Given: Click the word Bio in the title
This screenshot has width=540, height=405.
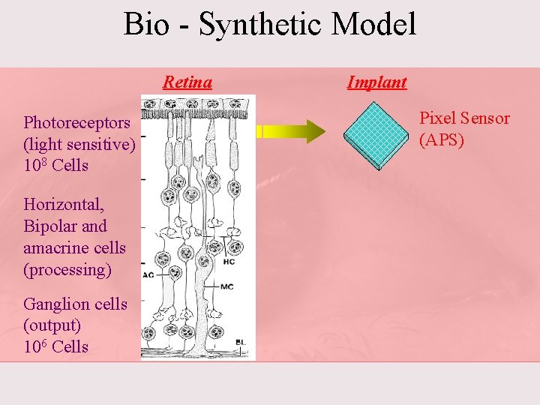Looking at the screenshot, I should [147, 24].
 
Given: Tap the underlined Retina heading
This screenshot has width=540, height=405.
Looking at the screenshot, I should [187, 82].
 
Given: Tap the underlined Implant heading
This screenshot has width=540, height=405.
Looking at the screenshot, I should [376, 82].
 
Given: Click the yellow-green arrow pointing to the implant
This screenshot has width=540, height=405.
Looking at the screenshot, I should [292, 131].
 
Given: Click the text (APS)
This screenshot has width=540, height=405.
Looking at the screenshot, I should [442, 140].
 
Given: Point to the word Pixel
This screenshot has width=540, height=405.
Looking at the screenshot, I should [437, 118].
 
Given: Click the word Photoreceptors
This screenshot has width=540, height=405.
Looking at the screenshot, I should [76, 122].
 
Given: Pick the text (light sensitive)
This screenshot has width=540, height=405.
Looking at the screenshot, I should [79, 144].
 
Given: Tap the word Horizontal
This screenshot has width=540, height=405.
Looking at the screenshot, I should [63, 204].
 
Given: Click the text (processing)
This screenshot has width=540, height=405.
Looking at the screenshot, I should [67, 269].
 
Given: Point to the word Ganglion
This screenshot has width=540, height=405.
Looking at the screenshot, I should [55, 304].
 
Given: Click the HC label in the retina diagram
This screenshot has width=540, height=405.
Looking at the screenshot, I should [229, 262].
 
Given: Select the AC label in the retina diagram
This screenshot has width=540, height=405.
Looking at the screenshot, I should [148, 274].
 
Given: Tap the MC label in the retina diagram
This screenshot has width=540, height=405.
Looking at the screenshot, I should [227, 286].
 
